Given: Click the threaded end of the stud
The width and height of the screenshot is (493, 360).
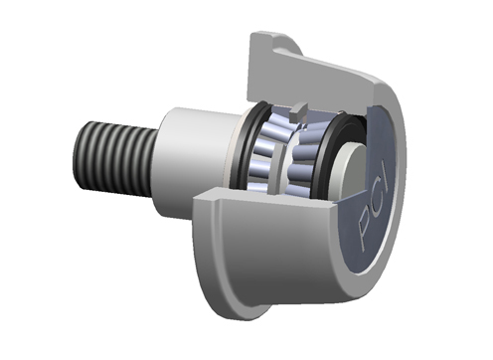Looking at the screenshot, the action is (x=114, y=158).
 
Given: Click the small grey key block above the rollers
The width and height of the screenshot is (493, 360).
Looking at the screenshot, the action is (x=297, y=111).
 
